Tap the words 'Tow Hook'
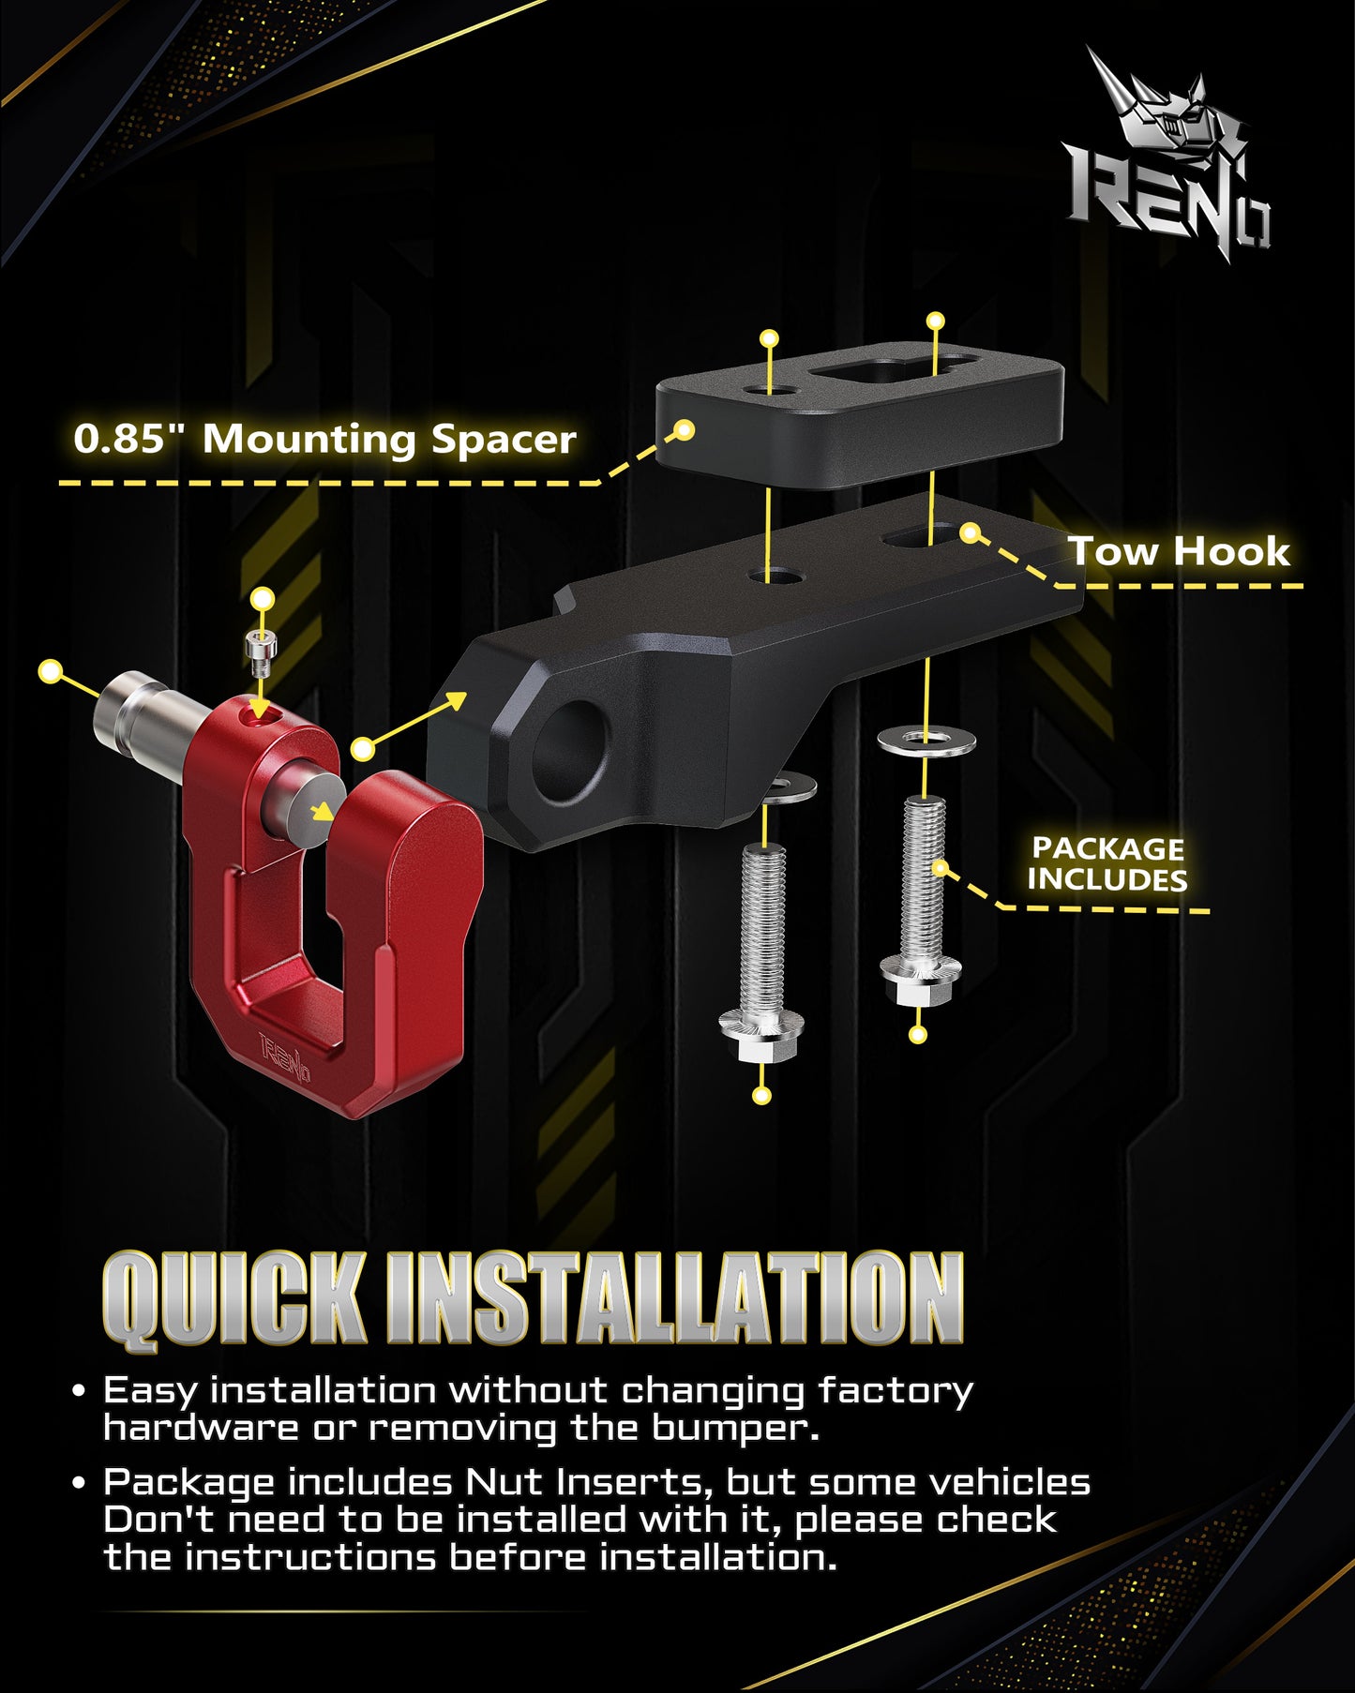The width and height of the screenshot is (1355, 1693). [1180, 551]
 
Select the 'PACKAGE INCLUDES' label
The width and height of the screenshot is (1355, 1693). [1107, 864]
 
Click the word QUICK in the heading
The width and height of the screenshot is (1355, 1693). [234, 1300]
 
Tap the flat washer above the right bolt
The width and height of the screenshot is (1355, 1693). [926, 742]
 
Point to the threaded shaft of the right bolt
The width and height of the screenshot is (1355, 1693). [925, 876]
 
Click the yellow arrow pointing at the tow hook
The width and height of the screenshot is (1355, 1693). [415, 721]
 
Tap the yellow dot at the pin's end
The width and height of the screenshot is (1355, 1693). [51, 671]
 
